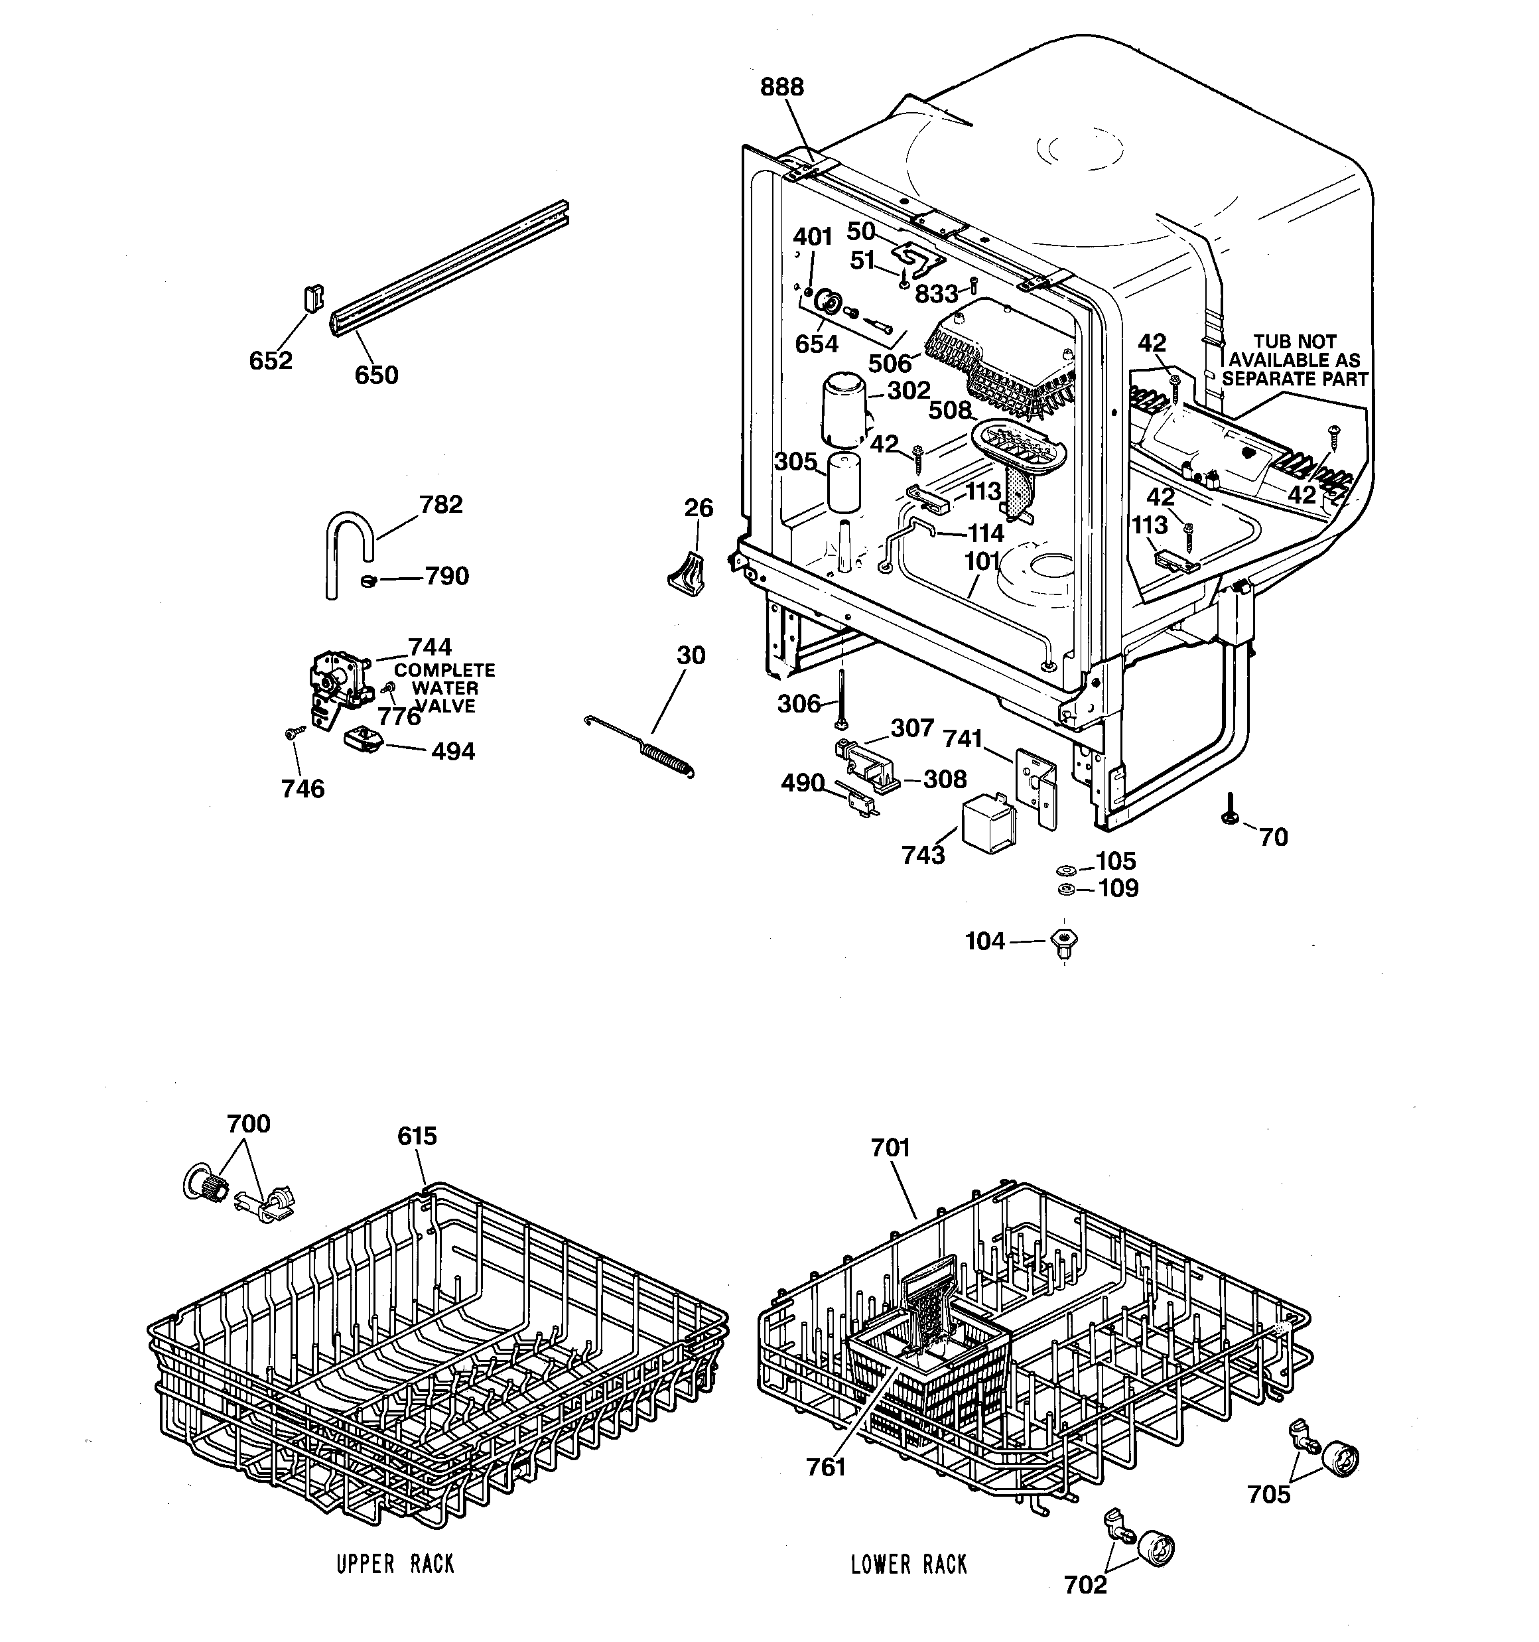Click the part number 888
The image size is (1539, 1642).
[x=781, y=87]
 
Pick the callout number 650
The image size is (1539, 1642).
[x=376, y=375]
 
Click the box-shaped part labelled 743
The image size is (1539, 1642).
[x=990, y=822]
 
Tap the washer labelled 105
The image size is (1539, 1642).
[x=1065, y=870]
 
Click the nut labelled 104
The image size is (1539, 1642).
[x=1065, y=941]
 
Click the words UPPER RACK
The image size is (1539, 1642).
[x=395, y=1564]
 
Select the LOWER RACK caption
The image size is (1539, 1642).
[x=909, y=1564]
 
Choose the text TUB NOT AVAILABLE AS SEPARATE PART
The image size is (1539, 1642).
[x=1294, y=360]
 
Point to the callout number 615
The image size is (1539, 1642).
[x=417, y=1136]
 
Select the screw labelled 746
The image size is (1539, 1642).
[x=293, y=732]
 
